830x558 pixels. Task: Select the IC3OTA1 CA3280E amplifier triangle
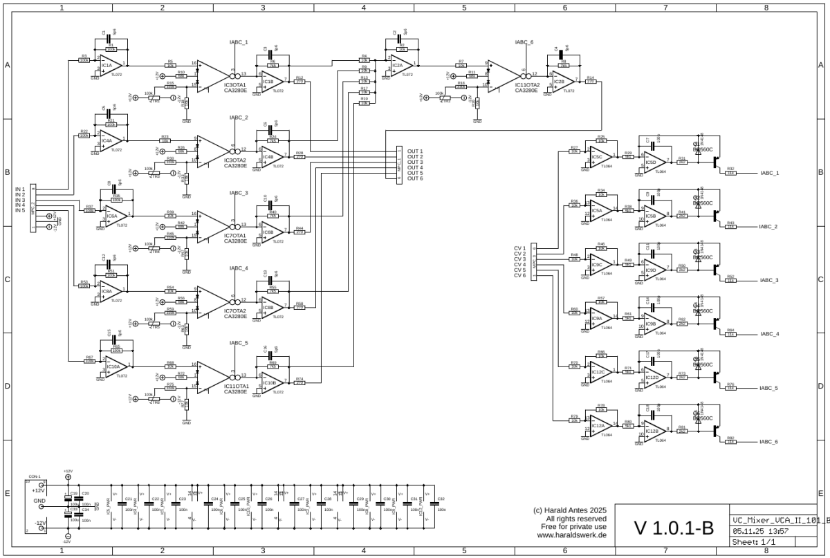coord(210,76)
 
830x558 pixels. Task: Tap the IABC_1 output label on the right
coord(769,173)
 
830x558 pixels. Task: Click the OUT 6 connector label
coord(415,178)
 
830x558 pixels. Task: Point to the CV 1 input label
coord(519,248)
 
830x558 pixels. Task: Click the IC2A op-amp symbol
coord(400,66)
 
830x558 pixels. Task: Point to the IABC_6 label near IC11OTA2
coord(524,42)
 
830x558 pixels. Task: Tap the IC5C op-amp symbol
coord(599,157)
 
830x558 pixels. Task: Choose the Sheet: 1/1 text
coord(753,542)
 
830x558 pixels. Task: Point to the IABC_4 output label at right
coord(769,334)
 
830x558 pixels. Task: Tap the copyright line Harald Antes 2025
coord(570,510)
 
